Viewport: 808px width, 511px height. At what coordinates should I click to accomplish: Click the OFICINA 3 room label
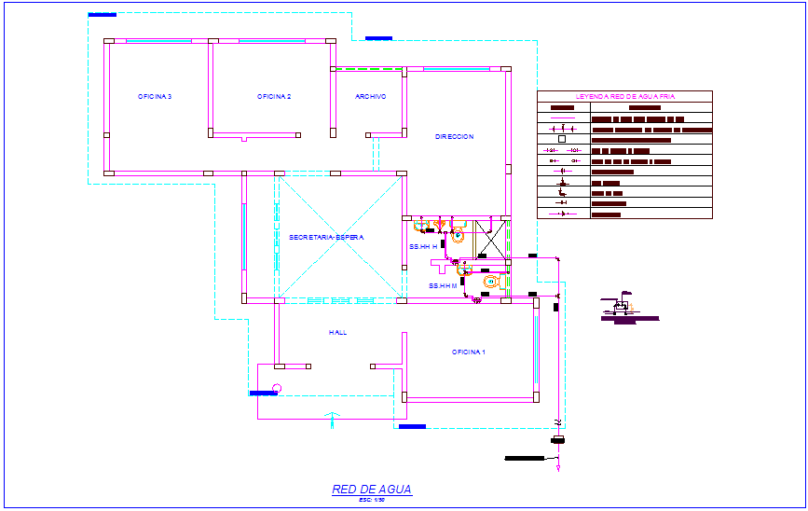(x=155, y=97)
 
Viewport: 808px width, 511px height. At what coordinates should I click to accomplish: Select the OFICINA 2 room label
(x=274, y=97)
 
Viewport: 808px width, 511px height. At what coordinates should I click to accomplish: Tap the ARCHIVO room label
(x=370, y=97)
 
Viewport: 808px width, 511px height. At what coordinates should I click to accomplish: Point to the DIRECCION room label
(x=454, y=137)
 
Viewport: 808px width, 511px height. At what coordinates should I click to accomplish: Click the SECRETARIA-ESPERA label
(x=325, y=237)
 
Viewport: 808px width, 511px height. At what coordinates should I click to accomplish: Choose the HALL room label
(x=337, y=332)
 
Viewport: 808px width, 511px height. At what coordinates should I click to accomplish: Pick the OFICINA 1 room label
(x=469, y=352)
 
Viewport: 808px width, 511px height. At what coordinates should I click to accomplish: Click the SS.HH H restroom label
(x=422, y=246)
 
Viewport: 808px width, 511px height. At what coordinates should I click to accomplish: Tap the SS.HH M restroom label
(x=443, y=285)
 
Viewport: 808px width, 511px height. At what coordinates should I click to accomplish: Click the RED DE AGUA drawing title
(x=371, y=489)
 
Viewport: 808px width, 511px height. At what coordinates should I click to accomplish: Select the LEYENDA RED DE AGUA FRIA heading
(x=624, y=96)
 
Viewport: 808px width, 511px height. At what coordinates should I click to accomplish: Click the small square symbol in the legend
(x=562, y=140)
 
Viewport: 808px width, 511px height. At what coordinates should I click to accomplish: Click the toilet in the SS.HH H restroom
(x=457, y=236)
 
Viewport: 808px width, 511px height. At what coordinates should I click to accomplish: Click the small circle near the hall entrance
(x=276, y=388)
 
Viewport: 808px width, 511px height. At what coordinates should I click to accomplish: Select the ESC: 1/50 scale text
(x=371, y=501)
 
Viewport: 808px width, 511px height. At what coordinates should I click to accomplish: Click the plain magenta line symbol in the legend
(x=562, y=118)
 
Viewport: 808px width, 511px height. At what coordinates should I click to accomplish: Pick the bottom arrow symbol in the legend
(x=562, y=214)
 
